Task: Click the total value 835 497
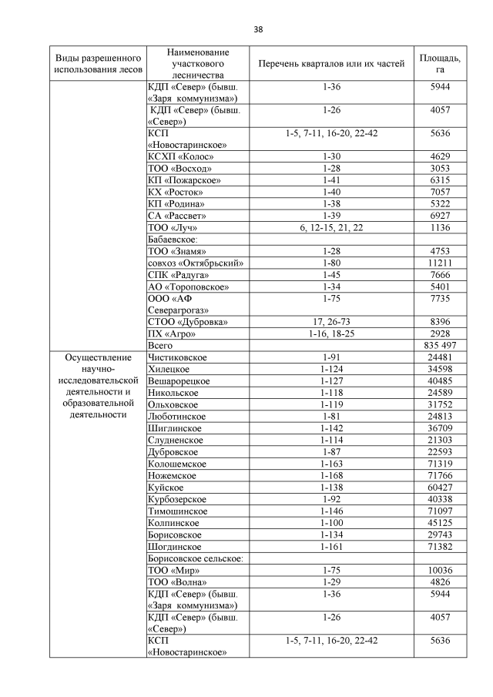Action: pyautogui.click(x=440, y=347)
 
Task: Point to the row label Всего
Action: pyautogui.click(x=159, y=347)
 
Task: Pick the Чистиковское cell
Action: pyautogui.click(x=176, y=358)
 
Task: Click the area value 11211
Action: pyautogui.click(x=440, y=263)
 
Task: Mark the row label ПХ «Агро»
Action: pyautogui.click(x=171, y=333)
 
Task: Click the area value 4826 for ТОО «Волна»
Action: pyautogui.click(x=440, y=581)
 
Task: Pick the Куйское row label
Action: pyautogui.click(x=164, y=488)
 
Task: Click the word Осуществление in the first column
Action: pyautogui.click(x=99, y=358)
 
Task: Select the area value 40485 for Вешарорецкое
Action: pyautogui.click(x=440, y=381)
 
